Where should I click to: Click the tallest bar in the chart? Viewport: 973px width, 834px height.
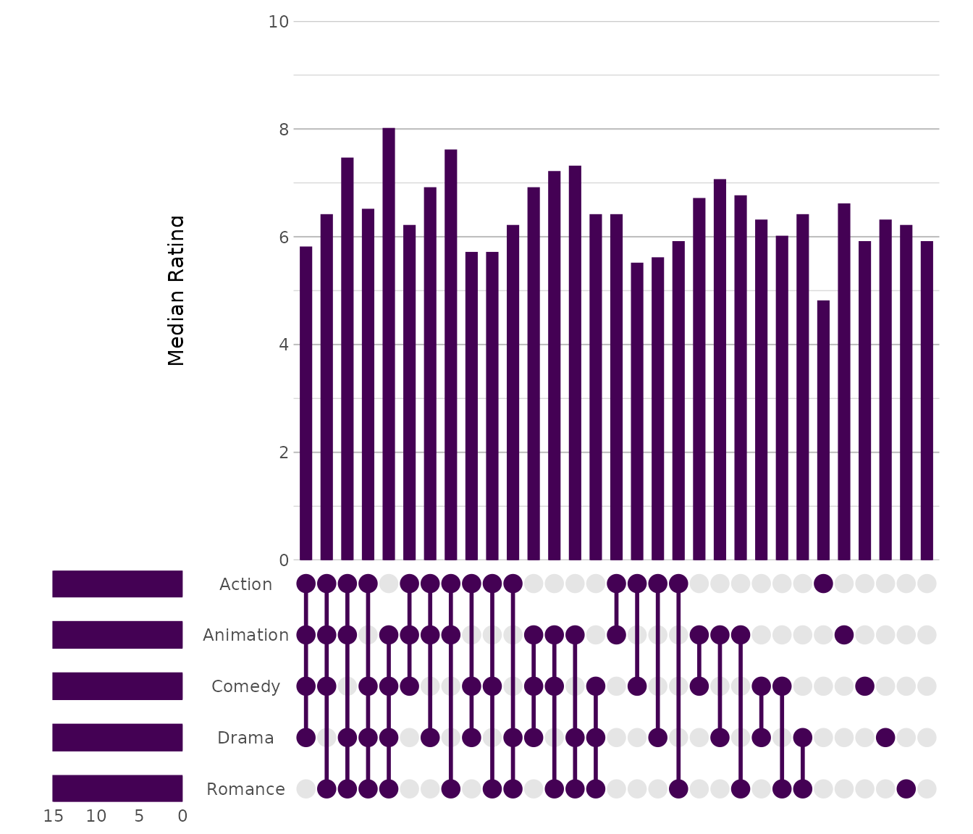coord(389,344)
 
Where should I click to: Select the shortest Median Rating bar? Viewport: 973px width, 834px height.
coord(823,430)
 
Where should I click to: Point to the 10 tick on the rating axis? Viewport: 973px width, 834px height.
coord(278,22)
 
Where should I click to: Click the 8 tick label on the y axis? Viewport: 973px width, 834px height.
coord(282,130)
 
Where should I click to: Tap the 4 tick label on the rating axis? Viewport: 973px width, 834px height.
coord(282,345)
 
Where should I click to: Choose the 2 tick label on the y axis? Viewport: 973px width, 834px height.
coord(282,452)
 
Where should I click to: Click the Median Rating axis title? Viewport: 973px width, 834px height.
coord(176,290)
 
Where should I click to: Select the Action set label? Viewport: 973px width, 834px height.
coord(245,584)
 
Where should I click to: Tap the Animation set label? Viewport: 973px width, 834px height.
coord(245,635)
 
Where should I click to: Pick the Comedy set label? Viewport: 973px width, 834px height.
coord(245,686)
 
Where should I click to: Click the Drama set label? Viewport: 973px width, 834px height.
coord(245,738)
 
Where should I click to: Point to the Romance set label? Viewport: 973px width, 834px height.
coord(245,789)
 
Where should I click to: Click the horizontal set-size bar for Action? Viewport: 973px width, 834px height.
coord(117,584)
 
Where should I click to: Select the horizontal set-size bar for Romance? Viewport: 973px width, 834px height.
coord(117,788)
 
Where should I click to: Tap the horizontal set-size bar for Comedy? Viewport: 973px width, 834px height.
coord(117,686)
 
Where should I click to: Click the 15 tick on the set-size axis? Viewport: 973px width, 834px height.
coord(54,817)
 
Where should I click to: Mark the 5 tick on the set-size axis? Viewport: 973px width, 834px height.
coord(139,817)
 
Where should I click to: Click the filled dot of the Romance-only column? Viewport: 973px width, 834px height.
coord(906,788)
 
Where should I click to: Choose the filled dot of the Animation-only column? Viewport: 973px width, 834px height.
coord(843,635)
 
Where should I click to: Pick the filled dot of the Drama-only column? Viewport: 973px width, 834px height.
coord(885,738)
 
